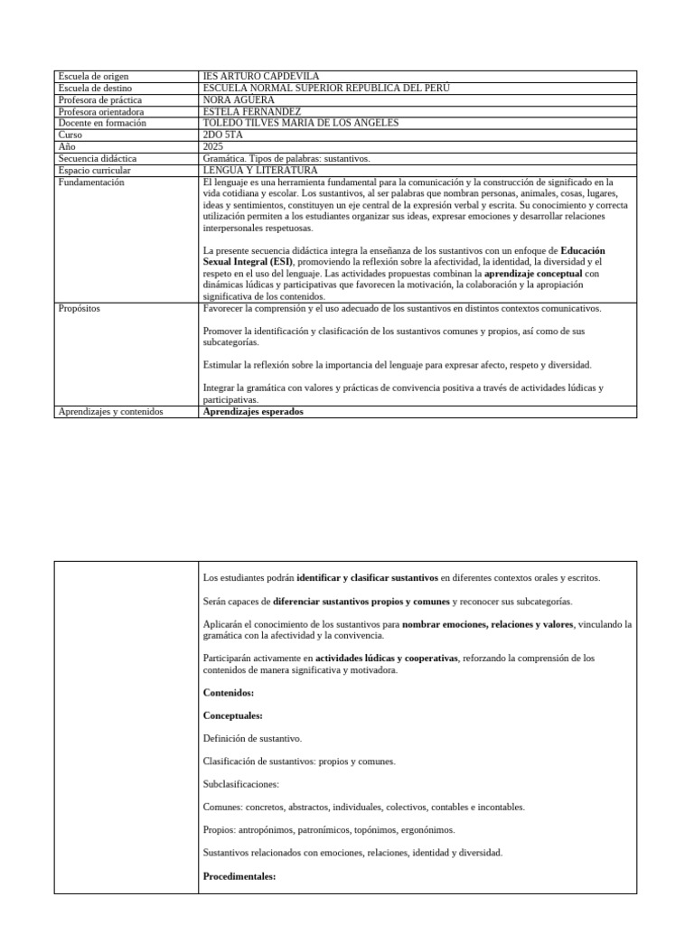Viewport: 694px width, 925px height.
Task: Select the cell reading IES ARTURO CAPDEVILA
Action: [x=261, y=76]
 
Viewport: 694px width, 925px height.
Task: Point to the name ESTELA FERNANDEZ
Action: [x=252, y=111]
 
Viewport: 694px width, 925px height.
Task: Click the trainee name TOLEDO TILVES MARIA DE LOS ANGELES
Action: [x=301, y=123]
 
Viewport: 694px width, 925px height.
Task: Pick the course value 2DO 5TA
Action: [x=224, y=135]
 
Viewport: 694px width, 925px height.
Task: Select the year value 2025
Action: [x=214, y=146]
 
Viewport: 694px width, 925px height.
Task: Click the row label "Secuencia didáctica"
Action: [x=98, y=158]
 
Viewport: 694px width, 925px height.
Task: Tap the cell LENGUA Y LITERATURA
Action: [x=260, y=170]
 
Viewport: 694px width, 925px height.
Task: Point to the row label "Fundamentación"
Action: [x=91, y=182]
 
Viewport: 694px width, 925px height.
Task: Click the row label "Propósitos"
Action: [x=80, y=308]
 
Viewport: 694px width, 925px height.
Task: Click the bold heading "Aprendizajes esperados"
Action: [x=254, y=412]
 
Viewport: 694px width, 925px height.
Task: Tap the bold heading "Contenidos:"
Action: [x=229, y=693]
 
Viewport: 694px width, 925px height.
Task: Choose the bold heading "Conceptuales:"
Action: [x=233, y=715]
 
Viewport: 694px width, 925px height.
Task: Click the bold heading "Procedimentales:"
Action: [x=239, y=876]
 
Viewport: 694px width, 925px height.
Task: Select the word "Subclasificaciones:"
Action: [x=241, y=784]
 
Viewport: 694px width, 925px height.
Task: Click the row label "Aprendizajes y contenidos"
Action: [x=110, y=412]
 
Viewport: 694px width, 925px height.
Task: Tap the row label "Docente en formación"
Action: [x=102, y=123]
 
